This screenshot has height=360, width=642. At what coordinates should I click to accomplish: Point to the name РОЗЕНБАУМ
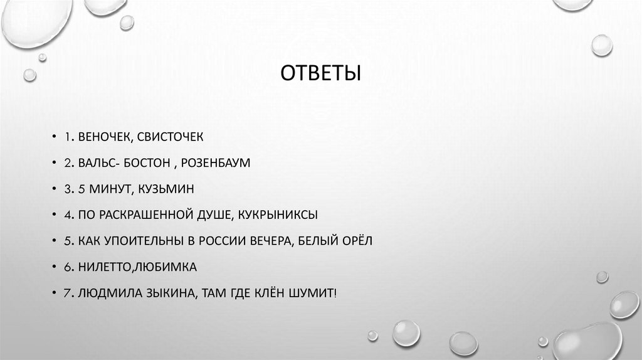(x=216, y=163)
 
